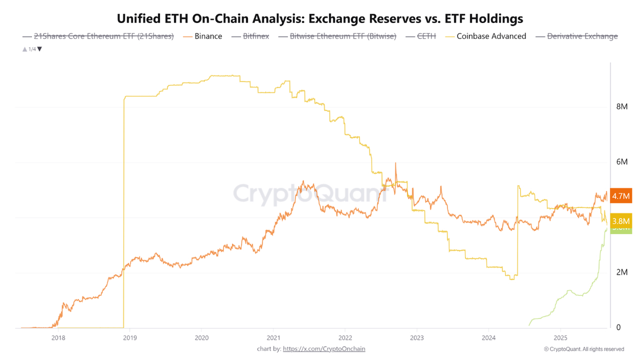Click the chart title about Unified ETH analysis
coord(320,19)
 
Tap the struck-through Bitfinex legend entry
coord(251,36)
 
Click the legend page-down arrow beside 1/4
coord(39,49)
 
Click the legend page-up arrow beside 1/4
coord(25,49)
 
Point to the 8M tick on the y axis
coord(621,107)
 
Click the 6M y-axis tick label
coord(621,162)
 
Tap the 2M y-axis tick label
coord(621,273)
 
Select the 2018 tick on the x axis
coord(58,338)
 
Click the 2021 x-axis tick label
coord(273,338)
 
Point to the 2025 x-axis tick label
coord(561,338)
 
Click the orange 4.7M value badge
coord(621,196)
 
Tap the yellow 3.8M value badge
coord(621,221)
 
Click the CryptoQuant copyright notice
coord(583,349)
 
